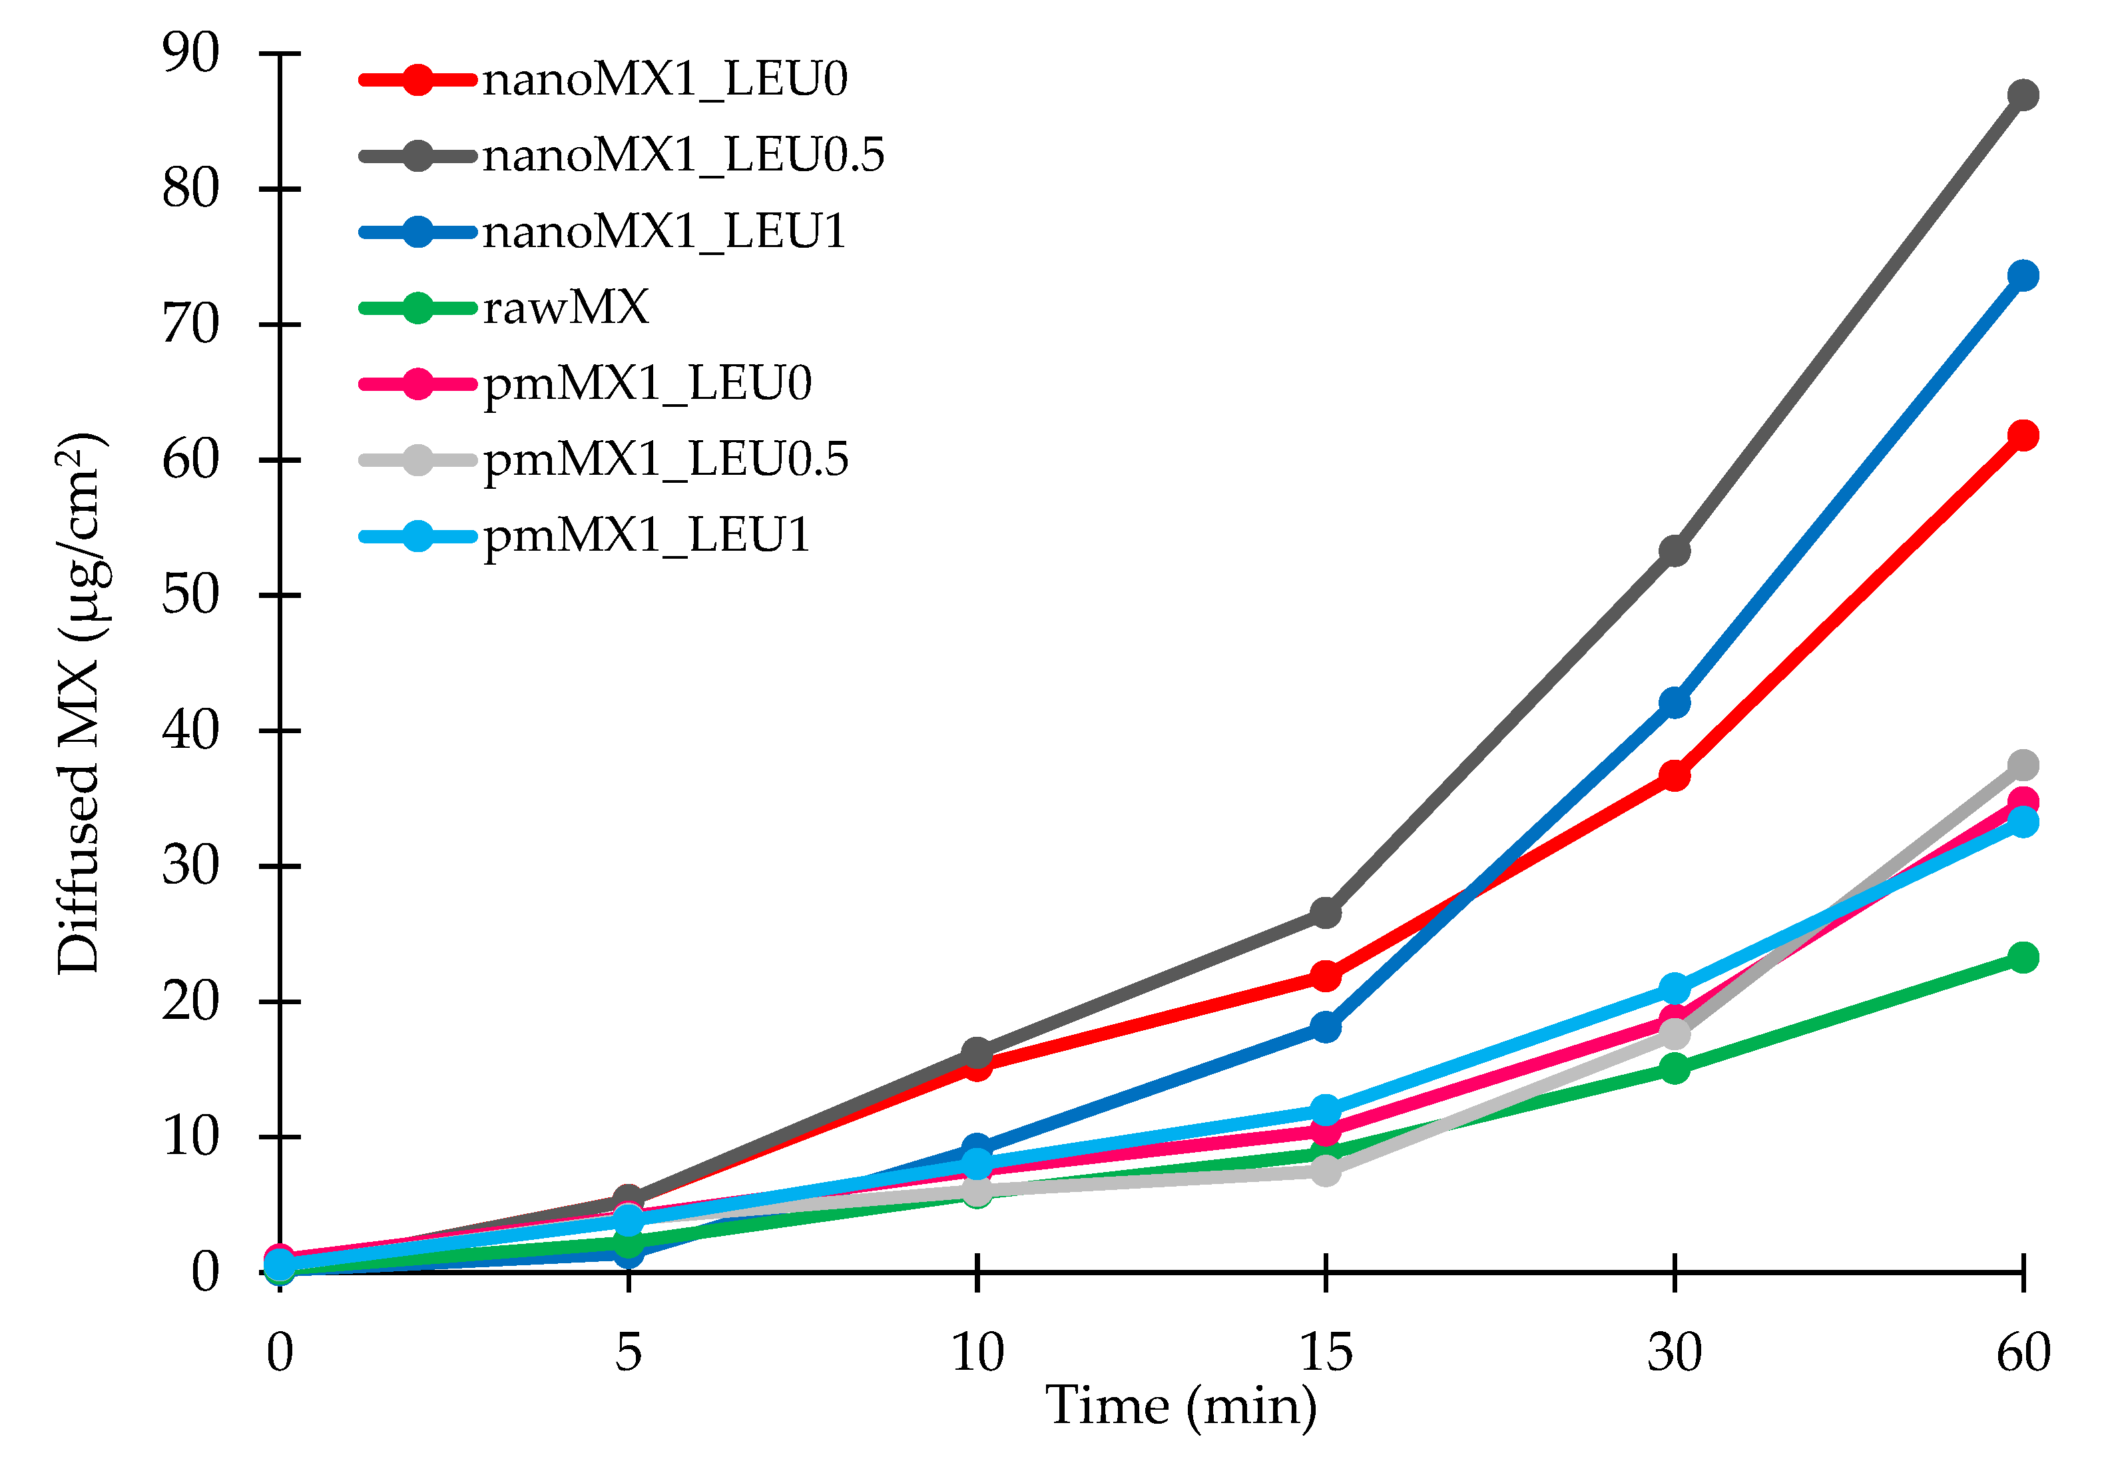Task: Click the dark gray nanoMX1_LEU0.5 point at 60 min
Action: [2023, 95]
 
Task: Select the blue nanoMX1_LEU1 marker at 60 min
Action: [2023, 275]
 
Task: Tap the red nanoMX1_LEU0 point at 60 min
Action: [2023, 435]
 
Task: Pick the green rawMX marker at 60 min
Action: [2023, 958]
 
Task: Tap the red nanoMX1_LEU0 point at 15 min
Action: [1326, 976]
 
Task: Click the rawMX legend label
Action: [566, 307]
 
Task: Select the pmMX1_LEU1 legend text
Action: [647, 535]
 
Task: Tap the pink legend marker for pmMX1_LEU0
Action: [417, 384]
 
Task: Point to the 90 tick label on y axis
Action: [191, 53]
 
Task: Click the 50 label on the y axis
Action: [191, 595]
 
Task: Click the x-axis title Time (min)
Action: [1181, 1405]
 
